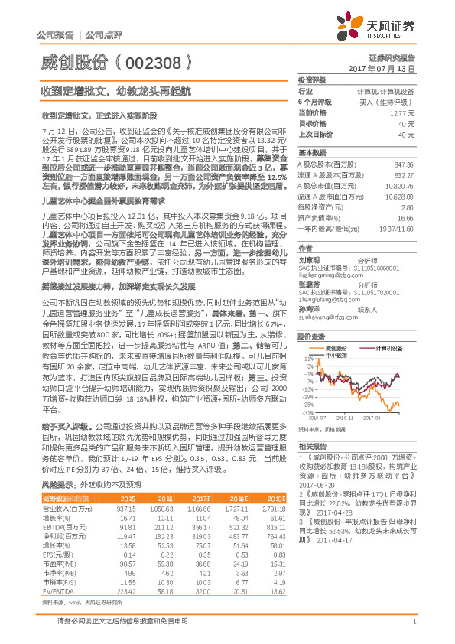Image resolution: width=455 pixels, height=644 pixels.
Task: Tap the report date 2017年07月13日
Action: (x=391, y=68)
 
